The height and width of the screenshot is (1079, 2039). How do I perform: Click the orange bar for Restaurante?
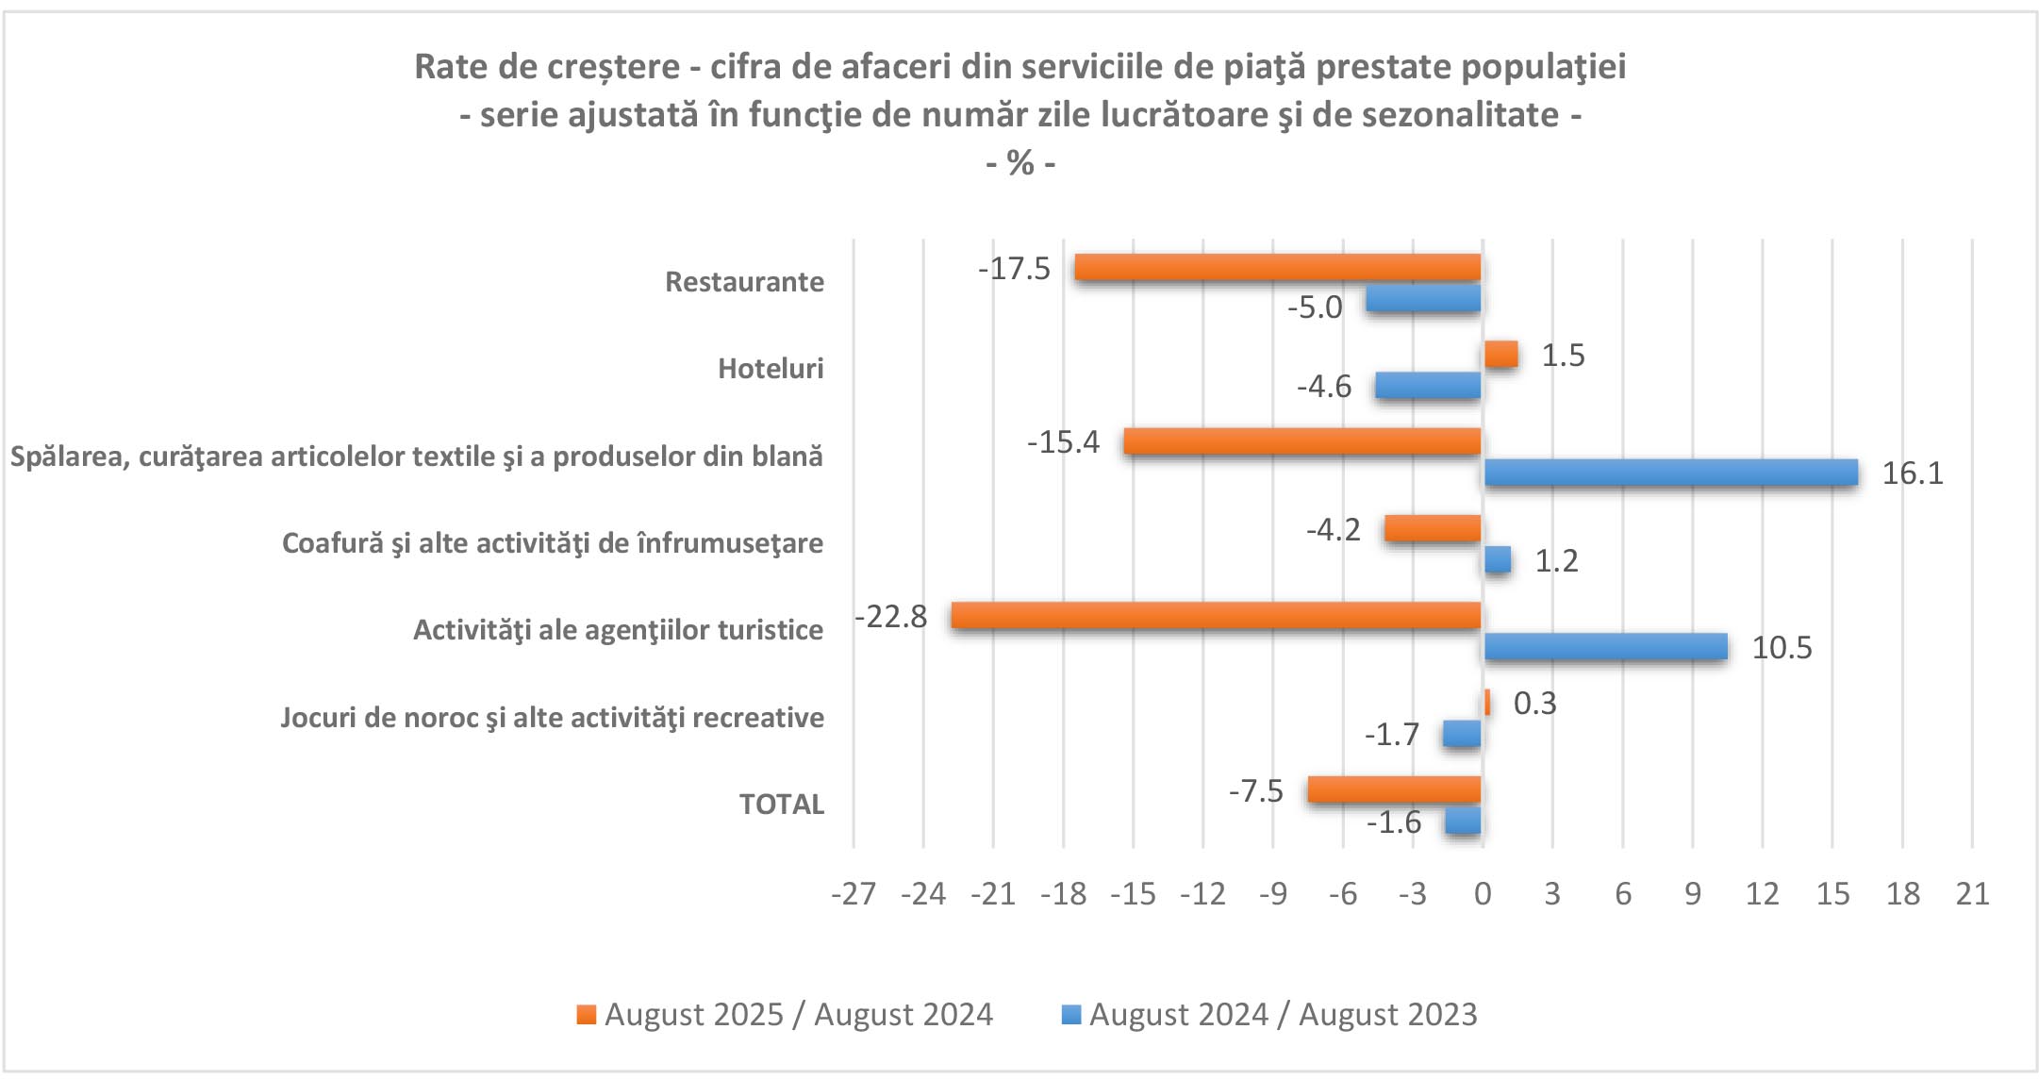pyautogui.click(x=1278, y=268)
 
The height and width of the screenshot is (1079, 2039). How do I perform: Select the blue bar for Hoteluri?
pyautogui.click(x=1428, y=386)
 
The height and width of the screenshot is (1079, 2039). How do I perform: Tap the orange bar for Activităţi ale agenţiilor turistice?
pyautogui.click(x=1217, y=616)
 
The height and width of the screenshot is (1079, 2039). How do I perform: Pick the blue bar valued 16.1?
pyautogui.click(x=1671, y=473)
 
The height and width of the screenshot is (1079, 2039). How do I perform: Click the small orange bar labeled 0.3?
pyautogui.click(x=1487, y=703)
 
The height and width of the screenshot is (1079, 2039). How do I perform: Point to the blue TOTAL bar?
pyautogui.click(x=1463, y=822)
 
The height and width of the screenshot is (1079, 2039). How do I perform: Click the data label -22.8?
pyautogui.click(x=891, y=617)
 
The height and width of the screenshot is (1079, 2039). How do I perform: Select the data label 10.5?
pyautogui.click(x=1782, y=648)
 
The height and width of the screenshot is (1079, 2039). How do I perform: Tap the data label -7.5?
pyautogui.click(x=1255, y=791)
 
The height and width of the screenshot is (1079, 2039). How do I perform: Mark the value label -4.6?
pyautogui.click(x=1324, y=387)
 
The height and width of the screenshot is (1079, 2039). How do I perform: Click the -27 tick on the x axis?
pyautogui.click(x=854, y=894)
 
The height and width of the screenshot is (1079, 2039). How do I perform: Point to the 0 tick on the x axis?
pyautogui.click(x=1483, y=894)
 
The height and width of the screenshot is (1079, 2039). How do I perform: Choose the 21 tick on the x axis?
pyautogui.click(x=1972, y=894)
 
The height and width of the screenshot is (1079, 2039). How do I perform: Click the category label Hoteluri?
pyautogui.click(x=771, y=369)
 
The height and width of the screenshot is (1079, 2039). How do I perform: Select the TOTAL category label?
pyautogui.click(x=781, y=805)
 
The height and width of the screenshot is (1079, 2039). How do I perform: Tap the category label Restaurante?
pyautogui.click(x=744, y=282)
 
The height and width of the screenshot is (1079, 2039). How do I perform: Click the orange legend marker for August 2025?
pyautogui.click(x=587, y=1015)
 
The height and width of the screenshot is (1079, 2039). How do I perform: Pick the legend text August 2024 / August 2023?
pyautogui.click(x=1283, y=1015)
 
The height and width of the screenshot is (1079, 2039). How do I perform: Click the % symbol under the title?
pyautogui.click(x=1020, y=163)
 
